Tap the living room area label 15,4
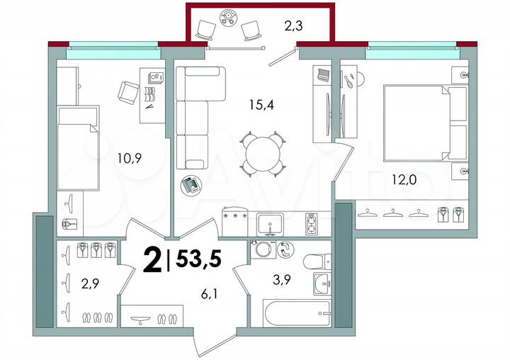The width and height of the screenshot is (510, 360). tap(263, 105)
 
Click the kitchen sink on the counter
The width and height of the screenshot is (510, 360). tap(270, 223)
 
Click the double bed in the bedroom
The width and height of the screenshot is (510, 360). tap(424, 123)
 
